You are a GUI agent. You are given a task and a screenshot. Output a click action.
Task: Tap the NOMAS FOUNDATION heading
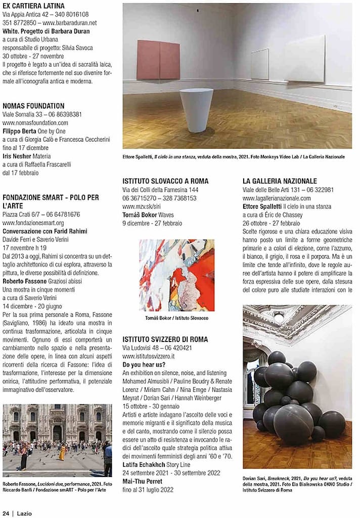(x=34, y=106)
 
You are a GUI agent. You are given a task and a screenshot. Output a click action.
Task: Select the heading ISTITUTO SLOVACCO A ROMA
(x=165, y=181)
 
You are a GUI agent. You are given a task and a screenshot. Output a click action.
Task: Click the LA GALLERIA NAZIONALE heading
(x=280, y=181)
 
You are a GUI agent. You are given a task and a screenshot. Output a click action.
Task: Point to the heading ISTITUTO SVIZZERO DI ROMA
(x=165, y=339)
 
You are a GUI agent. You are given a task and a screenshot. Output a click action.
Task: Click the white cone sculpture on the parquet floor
(x=196, y=110)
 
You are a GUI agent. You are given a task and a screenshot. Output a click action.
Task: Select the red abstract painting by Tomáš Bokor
(x=176, y=275)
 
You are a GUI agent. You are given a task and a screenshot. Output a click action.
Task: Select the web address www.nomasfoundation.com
(x=35, y=123)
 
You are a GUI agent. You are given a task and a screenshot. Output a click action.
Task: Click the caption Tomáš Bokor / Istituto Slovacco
(x=176, y=318)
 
